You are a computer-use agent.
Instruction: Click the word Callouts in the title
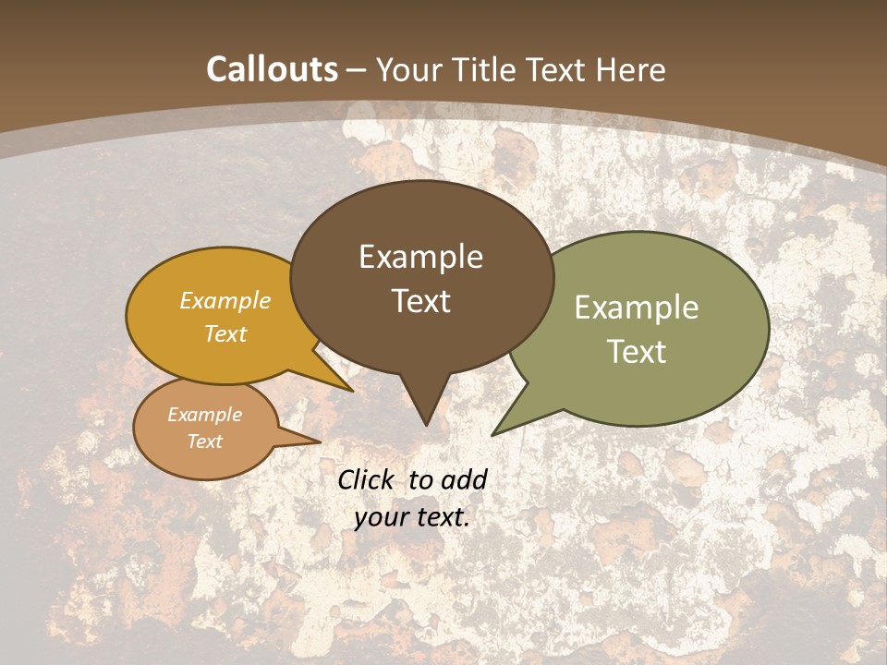tap(272, 69)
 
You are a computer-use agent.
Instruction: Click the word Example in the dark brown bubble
tap(421, 257)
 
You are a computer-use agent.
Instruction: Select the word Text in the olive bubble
tap(637, 352)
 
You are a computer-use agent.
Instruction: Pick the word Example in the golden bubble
tap(225, 301)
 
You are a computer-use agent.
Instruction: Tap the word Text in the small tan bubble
tap(205, 441)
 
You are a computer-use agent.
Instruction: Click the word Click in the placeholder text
tap(368, 479)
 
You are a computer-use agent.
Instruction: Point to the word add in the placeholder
tap(464, 479)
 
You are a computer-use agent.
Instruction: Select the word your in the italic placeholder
tap(382, 517)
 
